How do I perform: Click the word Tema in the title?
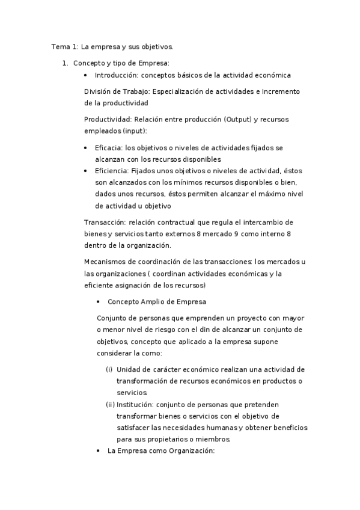pyautogui.click(x=59, y=46)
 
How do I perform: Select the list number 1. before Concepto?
pyautogui.click(x=66, y=63)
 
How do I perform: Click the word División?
pyautogui.click(x=98, y=91)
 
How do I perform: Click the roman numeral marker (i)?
pyautogui.click(x=109, y=369)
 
